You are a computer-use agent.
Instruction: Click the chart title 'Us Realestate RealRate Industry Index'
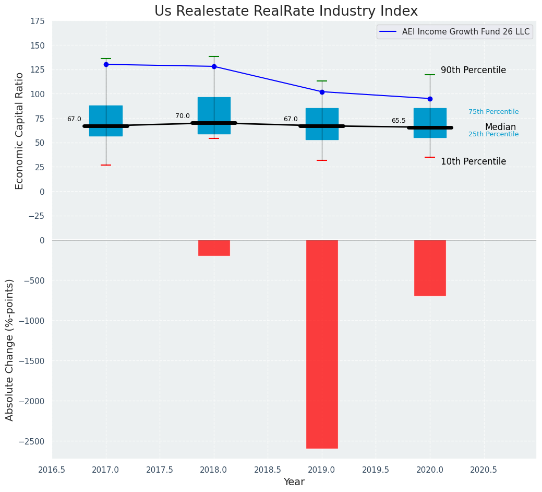click(286, 11)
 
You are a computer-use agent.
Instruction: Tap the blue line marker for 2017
click(106, 64)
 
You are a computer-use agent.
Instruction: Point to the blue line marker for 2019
click(322, 92)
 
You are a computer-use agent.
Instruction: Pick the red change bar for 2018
click(214, 248)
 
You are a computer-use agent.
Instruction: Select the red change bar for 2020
click(430, 268)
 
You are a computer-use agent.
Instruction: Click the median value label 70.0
click(183, 116)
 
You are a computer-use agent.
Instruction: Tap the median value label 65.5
click(399, 121)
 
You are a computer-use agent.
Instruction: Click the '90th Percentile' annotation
click(473, 70)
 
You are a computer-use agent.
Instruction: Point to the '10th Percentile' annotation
click(473, 161)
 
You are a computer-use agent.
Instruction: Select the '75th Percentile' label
click(493, 112)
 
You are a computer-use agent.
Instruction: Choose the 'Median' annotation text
click(500, 127)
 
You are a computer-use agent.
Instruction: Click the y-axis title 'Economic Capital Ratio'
click(20, 131)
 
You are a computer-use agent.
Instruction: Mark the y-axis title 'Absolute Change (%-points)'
click(10, 349)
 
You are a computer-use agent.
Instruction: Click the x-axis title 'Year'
click(294, 482)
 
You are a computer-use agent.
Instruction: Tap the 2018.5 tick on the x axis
click(268, 470)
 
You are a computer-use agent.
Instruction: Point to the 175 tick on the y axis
click(37, 21)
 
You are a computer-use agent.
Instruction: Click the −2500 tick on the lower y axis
click(32, 441)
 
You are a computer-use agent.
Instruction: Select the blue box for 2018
click(214, 115)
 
